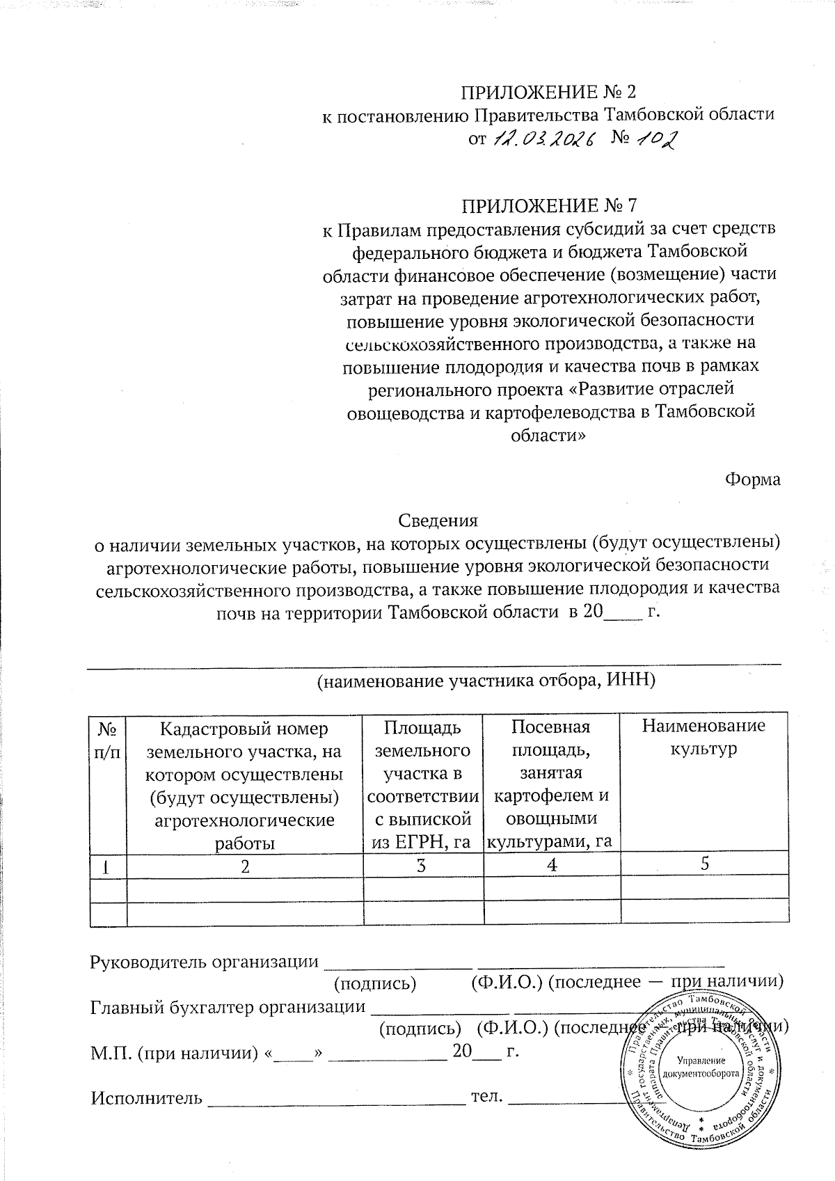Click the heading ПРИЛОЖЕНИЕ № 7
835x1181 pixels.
(x=550, y=206)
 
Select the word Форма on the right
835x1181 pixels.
(x=752, y=479)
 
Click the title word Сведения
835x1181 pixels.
(x=438, y=521)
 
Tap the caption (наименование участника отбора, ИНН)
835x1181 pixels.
(x=486, y=681)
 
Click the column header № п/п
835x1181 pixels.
(x=109, y=740)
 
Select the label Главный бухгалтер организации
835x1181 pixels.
(x=228, y=1006)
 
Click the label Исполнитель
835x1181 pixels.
(x=147, y=1098)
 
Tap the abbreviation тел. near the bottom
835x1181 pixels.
(x=487, y=1097)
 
